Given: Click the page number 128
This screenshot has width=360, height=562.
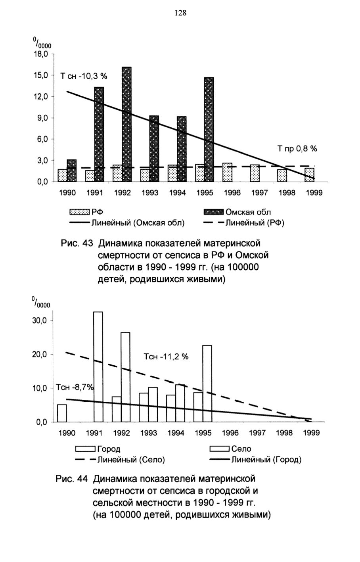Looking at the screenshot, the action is (180, 13).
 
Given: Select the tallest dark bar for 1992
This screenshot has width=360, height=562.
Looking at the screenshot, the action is (127, 124).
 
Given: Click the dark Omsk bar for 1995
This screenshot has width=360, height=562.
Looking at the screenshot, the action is (209, 129).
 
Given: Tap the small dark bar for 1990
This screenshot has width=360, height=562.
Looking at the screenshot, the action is (72, 171).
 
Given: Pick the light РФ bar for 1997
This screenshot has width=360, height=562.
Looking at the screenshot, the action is (255, 173).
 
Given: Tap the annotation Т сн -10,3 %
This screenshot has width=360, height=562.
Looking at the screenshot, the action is (84, 76).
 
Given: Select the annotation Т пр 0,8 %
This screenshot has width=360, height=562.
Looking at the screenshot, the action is (297, 148).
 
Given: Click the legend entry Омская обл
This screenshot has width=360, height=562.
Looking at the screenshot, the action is (237, 212).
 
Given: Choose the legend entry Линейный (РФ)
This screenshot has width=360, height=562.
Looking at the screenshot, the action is (243, 223).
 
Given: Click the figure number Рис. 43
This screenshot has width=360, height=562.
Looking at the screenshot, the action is (77, 243).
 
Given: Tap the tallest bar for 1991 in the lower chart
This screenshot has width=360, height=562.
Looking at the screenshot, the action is (98, 367).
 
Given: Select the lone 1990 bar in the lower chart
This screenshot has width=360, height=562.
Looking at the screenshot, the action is (62, 413).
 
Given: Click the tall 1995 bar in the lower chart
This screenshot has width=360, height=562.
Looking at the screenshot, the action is (207, 384).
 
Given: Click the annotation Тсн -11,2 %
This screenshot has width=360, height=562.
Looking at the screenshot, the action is (166, 357).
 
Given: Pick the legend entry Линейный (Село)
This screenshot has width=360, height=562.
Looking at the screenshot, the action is (120, 460).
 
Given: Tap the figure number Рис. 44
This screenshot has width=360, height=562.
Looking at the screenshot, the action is (71, 479).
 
